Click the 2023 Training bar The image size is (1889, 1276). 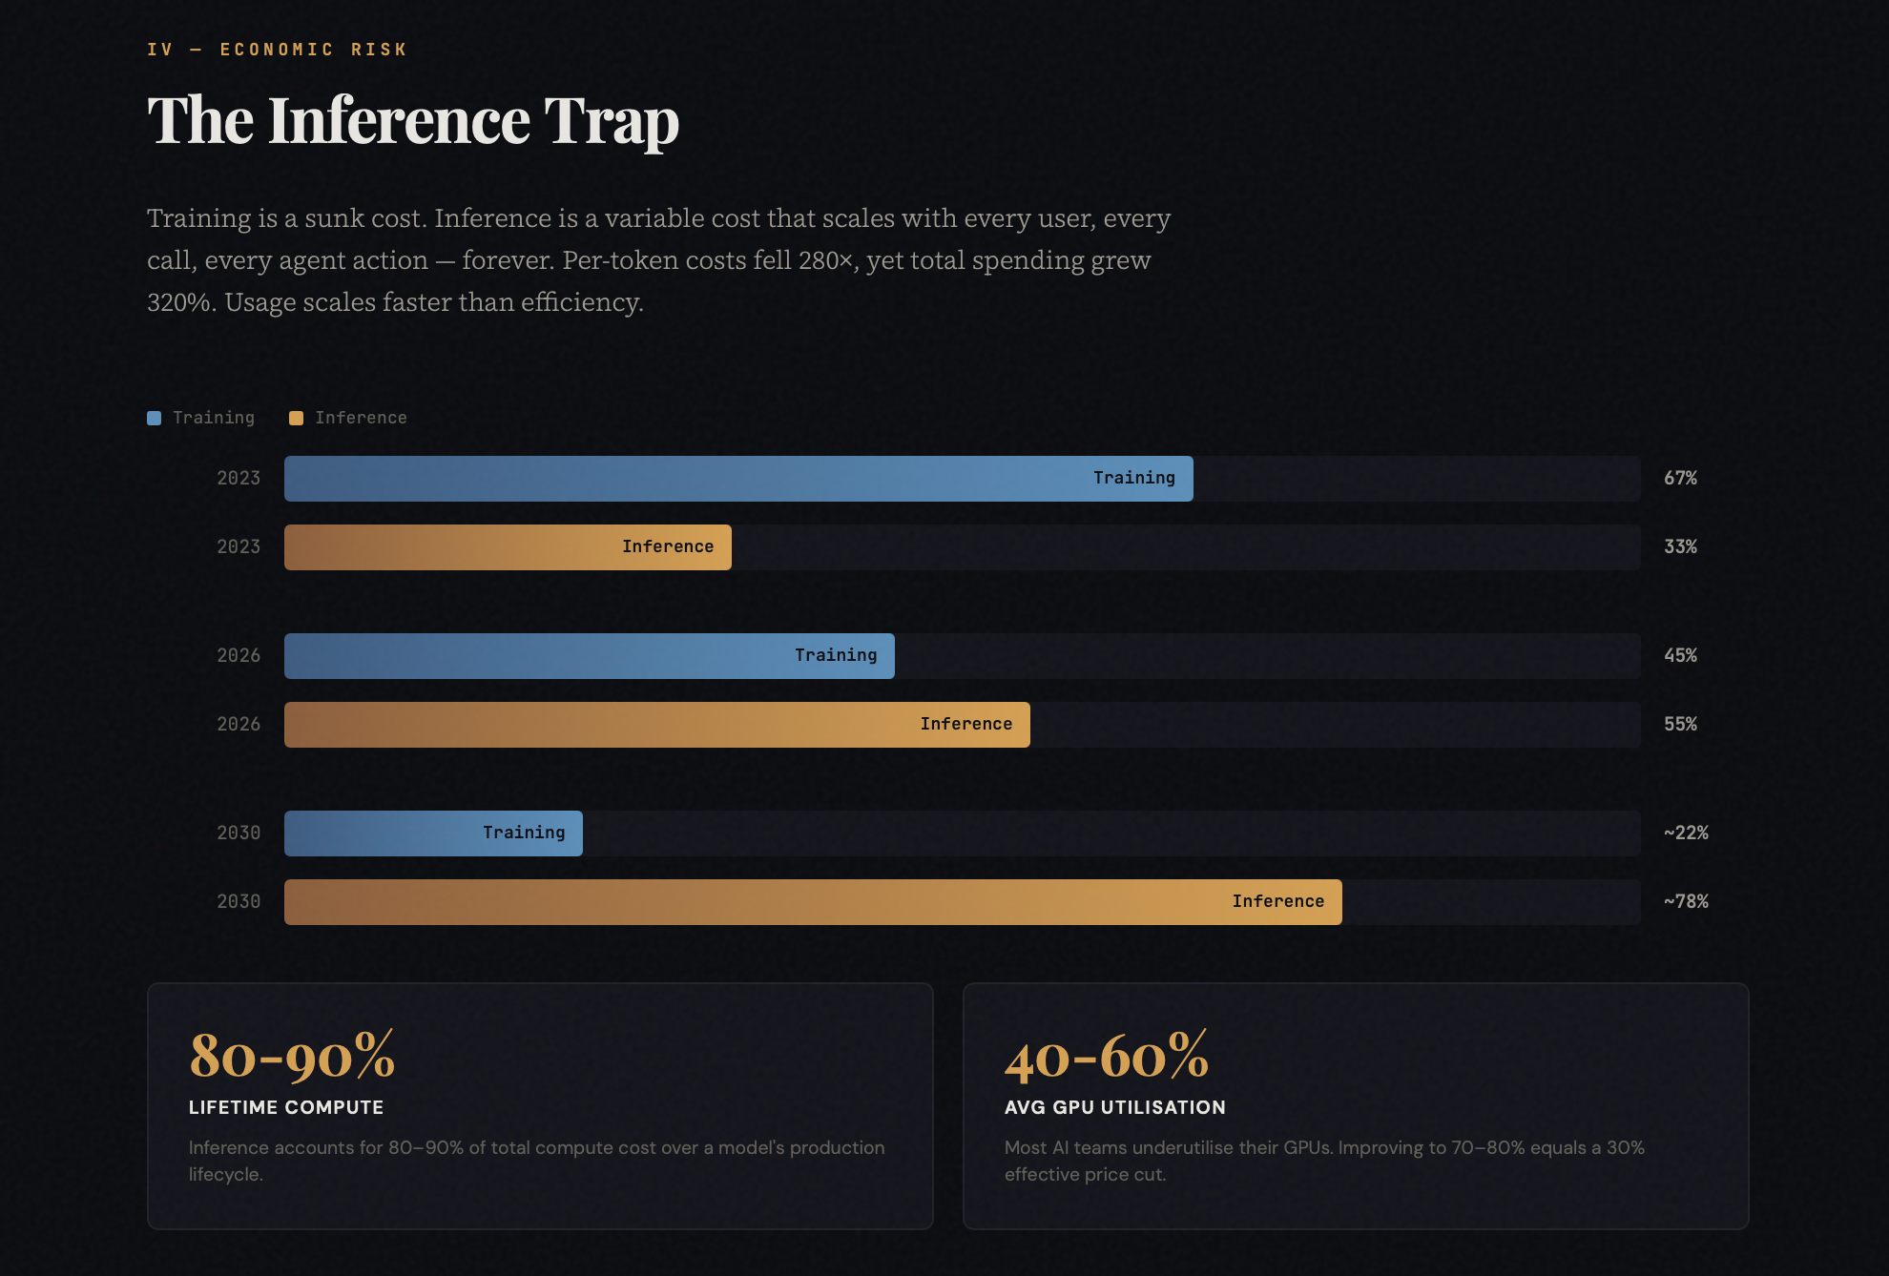pyautogui.click(x=737, y=479)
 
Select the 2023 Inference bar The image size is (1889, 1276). pyautogui.click(x=508, y=547)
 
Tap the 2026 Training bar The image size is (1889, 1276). pyautogui.click(x=589, y=656)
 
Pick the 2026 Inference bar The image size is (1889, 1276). pyautogui.click(x=656, y=725)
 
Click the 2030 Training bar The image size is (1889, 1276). pyautogui.click(x=433, y=834)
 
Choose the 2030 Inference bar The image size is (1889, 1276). pyautogui.click(x=812, y=902)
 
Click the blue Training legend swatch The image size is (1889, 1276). pyautogui.click(x=155, y=419)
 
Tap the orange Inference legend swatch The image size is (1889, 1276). pyautogui.click(x=297, y=419)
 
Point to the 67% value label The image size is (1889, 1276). pyautogui.click(x=1680, y=479)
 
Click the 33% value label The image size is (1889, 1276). pyautogui.click(x=1680, y=547)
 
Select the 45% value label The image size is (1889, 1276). pyautogui.click(x=1680, y=656)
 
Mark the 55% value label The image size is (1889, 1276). pyautogui.click(x=1680, y=725)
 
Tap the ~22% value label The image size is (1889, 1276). pyautogui.click(x=1686, y=834)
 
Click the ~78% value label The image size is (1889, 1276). pyautogui.click(x=1686, y=902)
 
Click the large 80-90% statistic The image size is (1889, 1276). pyautogui.click(x=292, y=1056)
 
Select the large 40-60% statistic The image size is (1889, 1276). pyautogui.click(x=1107, y=1056)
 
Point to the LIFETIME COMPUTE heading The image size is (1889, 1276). pyautogui.click(x=286, y=1108)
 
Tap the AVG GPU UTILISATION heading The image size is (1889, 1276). pyautogui.click(x=1114, y=1108)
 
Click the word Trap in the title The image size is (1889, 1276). pyautogui.click(x=612, y=122)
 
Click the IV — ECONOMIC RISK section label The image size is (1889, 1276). pyautogui.click(x=277, y=50)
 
